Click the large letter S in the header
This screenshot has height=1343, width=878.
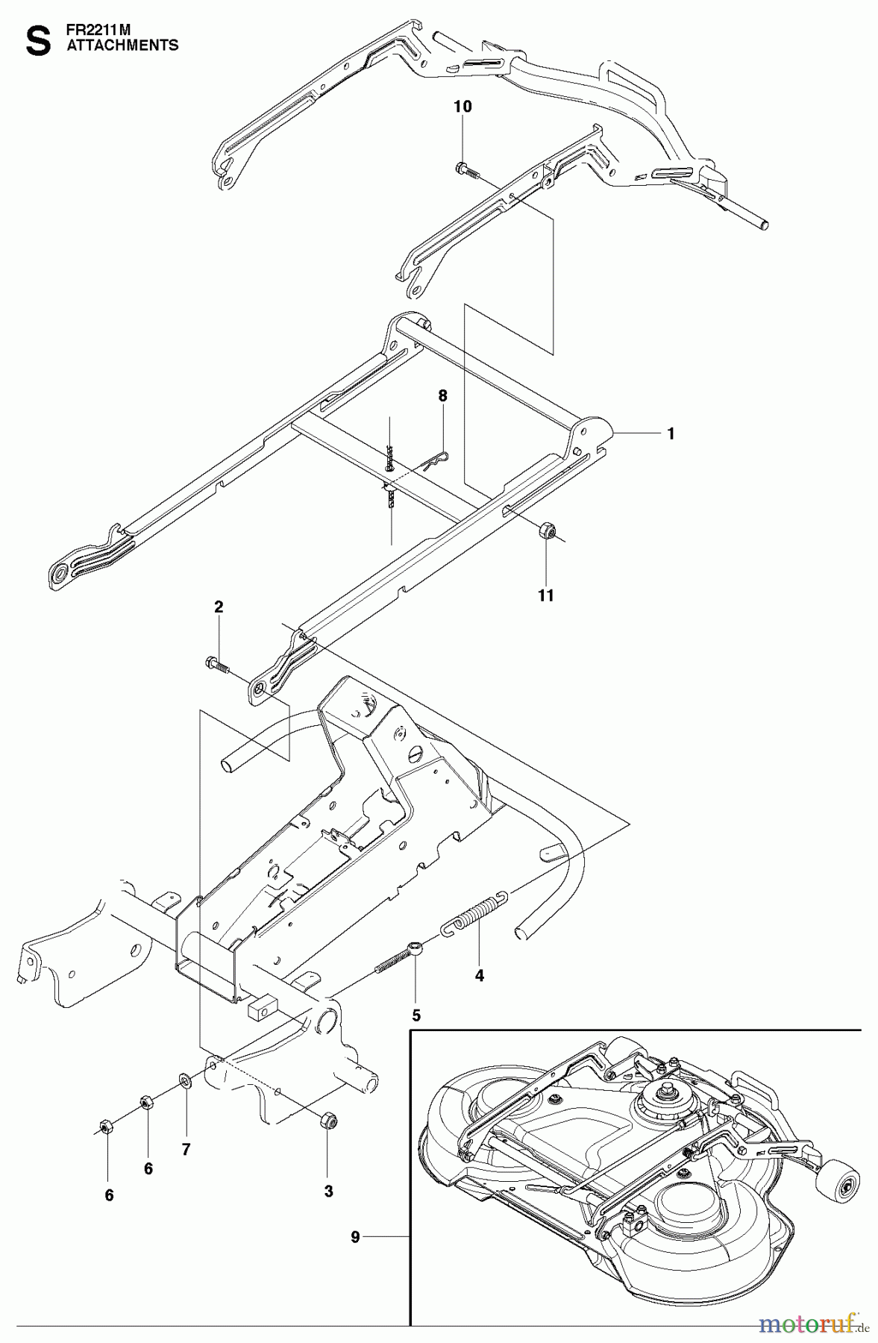point(38,41)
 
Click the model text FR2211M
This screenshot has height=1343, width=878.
point(93,32)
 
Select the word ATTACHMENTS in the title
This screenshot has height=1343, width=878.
point(123,46)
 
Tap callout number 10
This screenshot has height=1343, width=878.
point(462,107)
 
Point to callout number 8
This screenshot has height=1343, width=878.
point(442,396)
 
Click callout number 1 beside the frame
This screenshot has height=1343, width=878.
point(671,433)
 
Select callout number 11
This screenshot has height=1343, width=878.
point(546,595)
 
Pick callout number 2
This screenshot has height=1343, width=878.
point(219,607)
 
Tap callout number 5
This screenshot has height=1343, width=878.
point(416,1015)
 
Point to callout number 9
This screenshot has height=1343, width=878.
point(355,1237)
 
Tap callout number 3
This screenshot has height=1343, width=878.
point(327,1192)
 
